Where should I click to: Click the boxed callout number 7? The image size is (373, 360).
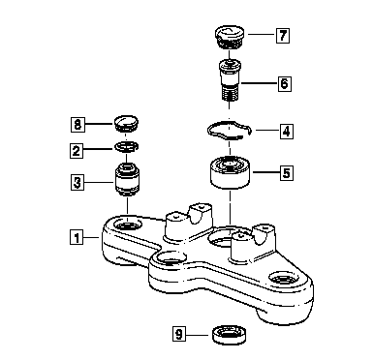pyautogui.click(x=283, y=36)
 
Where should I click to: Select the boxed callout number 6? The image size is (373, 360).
pyautogui.click(x=285, y=84)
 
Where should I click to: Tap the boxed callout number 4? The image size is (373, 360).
pyautogui.click(x=287, y=131)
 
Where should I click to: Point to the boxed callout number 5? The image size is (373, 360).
pyautogui.click(x=287, y=173)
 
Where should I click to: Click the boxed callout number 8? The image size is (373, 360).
pyautogui.click(x=78, y=124)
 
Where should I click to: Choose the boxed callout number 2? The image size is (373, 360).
pyautogui.click(x=77, y=150)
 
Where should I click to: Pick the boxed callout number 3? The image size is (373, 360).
pyautogui.click(x=78, y=183)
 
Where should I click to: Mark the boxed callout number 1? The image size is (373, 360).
pyautogui.click(x=77, y=237)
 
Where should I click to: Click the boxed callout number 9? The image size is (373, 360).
pyautogui.click(x=179, y=334)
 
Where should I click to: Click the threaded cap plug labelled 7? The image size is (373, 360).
pyautogui.click(x=230, y=38)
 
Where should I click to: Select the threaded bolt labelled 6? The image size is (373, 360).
pyautogui.click(x=230, y=80)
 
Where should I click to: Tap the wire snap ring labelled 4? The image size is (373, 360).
pyautogui.click(x=230, y=130)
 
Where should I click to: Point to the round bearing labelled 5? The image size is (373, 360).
pyautogui.click(x=231, y=172)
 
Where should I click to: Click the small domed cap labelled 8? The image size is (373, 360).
pyautogui.click(x=127, y=123)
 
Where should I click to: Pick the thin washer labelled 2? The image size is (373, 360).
pyautogui.click(x=127, y=147)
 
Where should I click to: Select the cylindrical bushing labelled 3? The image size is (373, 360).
pyautogui.click(x=127, y=180)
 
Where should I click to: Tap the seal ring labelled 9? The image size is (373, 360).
pyautogui.click(x=230, y=334)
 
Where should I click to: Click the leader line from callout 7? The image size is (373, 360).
pyautogui.click(x=262, y=34)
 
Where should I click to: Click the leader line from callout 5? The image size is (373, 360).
pyautogui.click(x=265, y=172)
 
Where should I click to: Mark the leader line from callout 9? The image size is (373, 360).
pyautogui.click(x=200, y=335)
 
